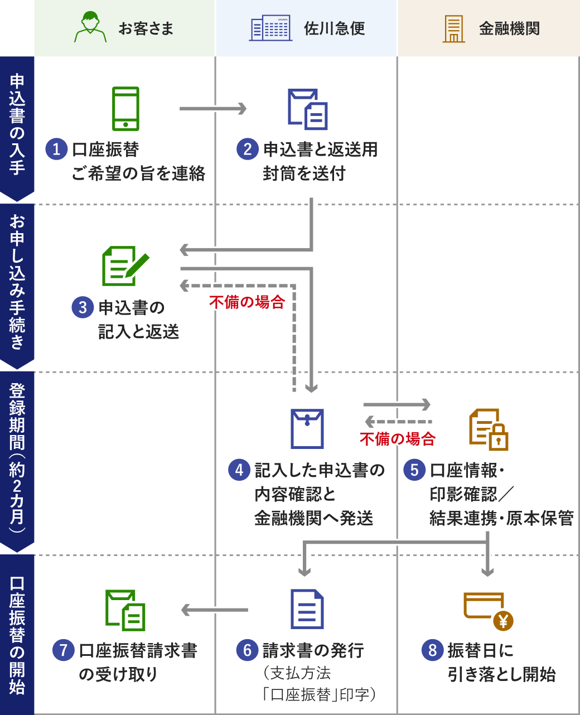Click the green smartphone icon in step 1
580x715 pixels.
point(125,109)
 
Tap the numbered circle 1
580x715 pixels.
point(56,149)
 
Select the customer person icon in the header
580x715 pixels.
point(90,28)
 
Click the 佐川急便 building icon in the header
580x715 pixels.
point(270,28)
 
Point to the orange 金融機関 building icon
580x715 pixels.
point(453,28)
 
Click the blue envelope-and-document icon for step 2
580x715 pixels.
point(307,109)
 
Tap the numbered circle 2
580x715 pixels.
point(248,149)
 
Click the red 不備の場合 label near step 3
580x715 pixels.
point(247,302)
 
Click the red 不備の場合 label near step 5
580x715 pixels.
point(397,439)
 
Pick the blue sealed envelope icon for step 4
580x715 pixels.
point(307,429)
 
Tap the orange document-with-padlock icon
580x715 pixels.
point(488,429)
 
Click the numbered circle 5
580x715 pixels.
point(414,470)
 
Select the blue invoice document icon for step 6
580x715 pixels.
point(307,609)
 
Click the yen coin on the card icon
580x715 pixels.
point(503,621)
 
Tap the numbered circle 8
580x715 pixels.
point(432,650)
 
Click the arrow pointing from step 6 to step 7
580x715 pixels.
point(215,610)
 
